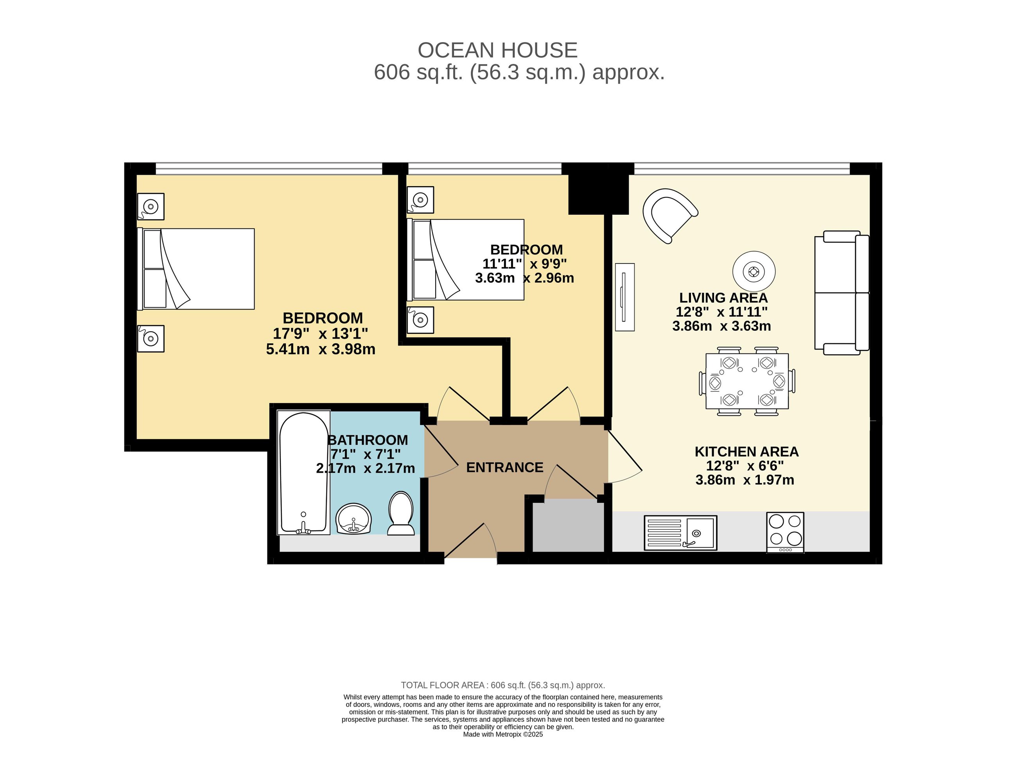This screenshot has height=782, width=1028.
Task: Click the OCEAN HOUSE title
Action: coord(497,50)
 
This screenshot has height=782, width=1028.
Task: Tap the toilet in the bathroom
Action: coord(401,513)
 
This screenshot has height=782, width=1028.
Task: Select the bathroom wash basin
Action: coord(353,518)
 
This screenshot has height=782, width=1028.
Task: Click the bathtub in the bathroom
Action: coord(303,472)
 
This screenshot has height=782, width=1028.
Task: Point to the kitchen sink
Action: coord(680,533)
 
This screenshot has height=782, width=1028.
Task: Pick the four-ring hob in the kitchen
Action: coord(785,533)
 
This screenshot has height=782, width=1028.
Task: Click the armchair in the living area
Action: coord(669,215)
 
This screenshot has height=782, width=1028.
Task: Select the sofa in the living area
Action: coord(841,293)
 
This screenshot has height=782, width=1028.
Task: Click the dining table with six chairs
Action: coord(747,381)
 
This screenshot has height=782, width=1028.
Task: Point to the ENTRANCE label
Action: coord(504,467)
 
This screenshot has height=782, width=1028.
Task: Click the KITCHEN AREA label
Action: coord(746,452)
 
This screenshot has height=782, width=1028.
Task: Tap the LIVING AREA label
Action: coord(723,298)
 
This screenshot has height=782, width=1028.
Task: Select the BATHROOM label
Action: coord(368,440)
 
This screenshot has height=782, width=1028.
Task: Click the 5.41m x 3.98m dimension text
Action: coord(321,349)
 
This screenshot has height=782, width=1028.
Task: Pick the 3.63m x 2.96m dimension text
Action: coord(524,278)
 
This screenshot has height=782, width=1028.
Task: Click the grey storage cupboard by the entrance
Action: coord(568,525)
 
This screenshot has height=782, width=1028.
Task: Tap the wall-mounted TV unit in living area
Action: coord(624,297)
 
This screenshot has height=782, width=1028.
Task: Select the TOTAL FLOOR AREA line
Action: coord(503,685)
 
